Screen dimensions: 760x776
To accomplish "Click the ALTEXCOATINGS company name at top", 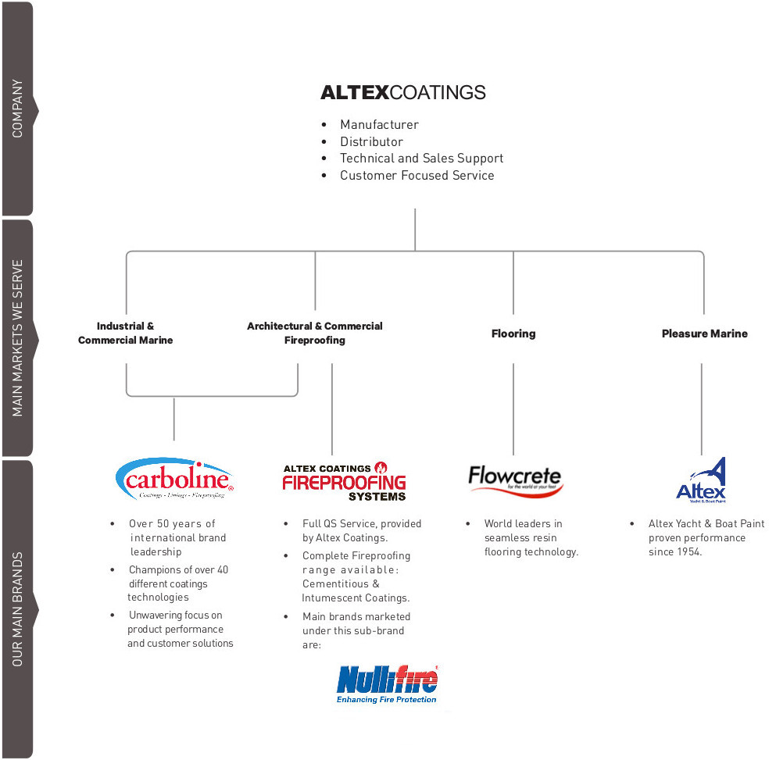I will pyautogui.click(x=402, y=92).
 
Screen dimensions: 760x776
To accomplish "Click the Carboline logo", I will pyautogui.click(x=175, y=478).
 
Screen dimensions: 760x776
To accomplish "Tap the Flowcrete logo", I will pyautogui.click(x=516, y=479).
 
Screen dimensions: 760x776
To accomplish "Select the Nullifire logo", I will pyautogui.click(x=388, y=686).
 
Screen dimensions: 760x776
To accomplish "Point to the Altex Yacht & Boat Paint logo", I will pyautogui.click(x=701, y=479).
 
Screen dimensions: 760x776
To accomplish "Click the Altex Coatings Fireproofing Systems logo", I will pyautogui.click(x=345, y=481).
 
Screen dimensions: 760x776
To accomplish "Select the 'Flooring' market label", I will pyautogui.click(x=513, y=334).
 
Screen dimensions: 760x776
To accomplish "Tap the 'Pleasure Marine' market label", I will pyautogui.click(x=704, y=334).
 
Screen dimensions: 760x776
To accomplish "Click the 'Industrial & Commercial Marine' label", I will pyautogui.click(x=126, y=333).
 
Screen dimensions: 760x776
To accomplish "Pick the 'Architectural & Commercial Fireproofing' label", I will pyautogui.click(x=315, y=333).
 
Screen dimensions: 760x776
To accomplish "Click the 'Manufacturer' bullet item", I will pyautogui.click(x=379, y=125).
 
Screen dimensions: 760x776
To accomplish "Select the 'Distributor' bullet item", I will pyautogui.click(x=371, y=142).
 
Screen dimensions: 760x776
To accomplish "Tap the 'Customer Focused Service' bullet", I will pyautogui.click(x=417, y=176).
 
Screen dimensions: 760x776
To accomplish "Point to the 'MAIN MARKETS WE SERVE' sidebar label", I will pyautogui.click(x=17, y=337).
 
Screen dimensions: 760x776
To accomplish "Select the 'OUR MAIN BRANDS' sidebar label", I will pyautogui.click(x=17, y=608).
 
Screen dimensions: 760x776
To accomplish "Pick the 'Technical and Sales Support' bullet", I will pyautogui.click(x=421, y=159).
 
